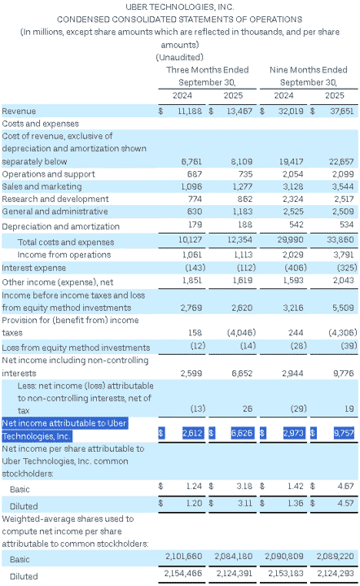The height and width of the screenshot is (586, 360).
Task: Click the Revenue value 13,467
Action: click(239, 111)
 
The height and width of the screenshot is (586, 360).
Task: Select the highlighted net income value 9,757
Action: click(344, 433)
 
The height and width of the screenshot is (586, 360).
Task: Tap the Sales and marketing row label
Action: click(42, 186)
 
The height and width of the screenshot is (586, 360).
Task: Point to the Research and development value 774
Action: click(195, 199)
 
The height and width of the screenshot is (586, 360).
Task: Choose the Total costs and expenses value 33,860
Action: click(340, 239)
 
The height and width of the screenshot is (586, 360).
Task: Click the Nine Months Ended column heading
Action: click(309, 70)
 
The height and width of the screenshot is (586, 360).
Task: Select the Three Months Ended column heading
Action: click(208, 70)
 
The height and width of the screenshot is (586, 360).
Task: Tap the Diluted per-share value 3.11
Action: click(245, 503)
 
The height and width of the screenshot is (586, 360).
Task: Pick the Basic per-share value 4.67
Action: click(345, 486)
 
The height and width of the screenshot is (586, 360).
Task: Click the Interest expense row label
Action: click(33, 268)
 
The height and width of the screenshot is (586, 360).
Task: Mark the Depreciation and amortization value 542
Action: click(296, 225)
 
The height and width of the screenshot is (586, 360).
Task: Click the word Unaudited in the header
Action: click(180, 57)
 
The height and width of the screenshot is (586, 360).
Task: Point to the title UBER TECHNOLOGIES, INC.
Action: click(180, 7)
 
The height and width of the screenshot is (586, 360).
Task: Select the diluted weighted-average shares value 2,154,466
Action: click(183, 573)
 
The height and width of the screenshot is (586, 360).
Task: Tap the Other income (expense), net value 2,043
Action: click(343, 280)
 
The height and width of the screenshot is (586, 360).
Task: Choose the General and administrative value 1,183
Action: click(242, 212)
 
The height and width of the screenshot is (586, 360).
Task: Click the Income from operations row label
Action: click(64, 255)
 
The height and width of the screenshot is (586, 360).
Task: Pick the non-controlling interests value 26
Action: click(248, 409)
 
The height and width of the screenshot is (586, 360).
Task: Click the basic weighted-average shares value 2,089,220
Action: click(335, 556)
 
